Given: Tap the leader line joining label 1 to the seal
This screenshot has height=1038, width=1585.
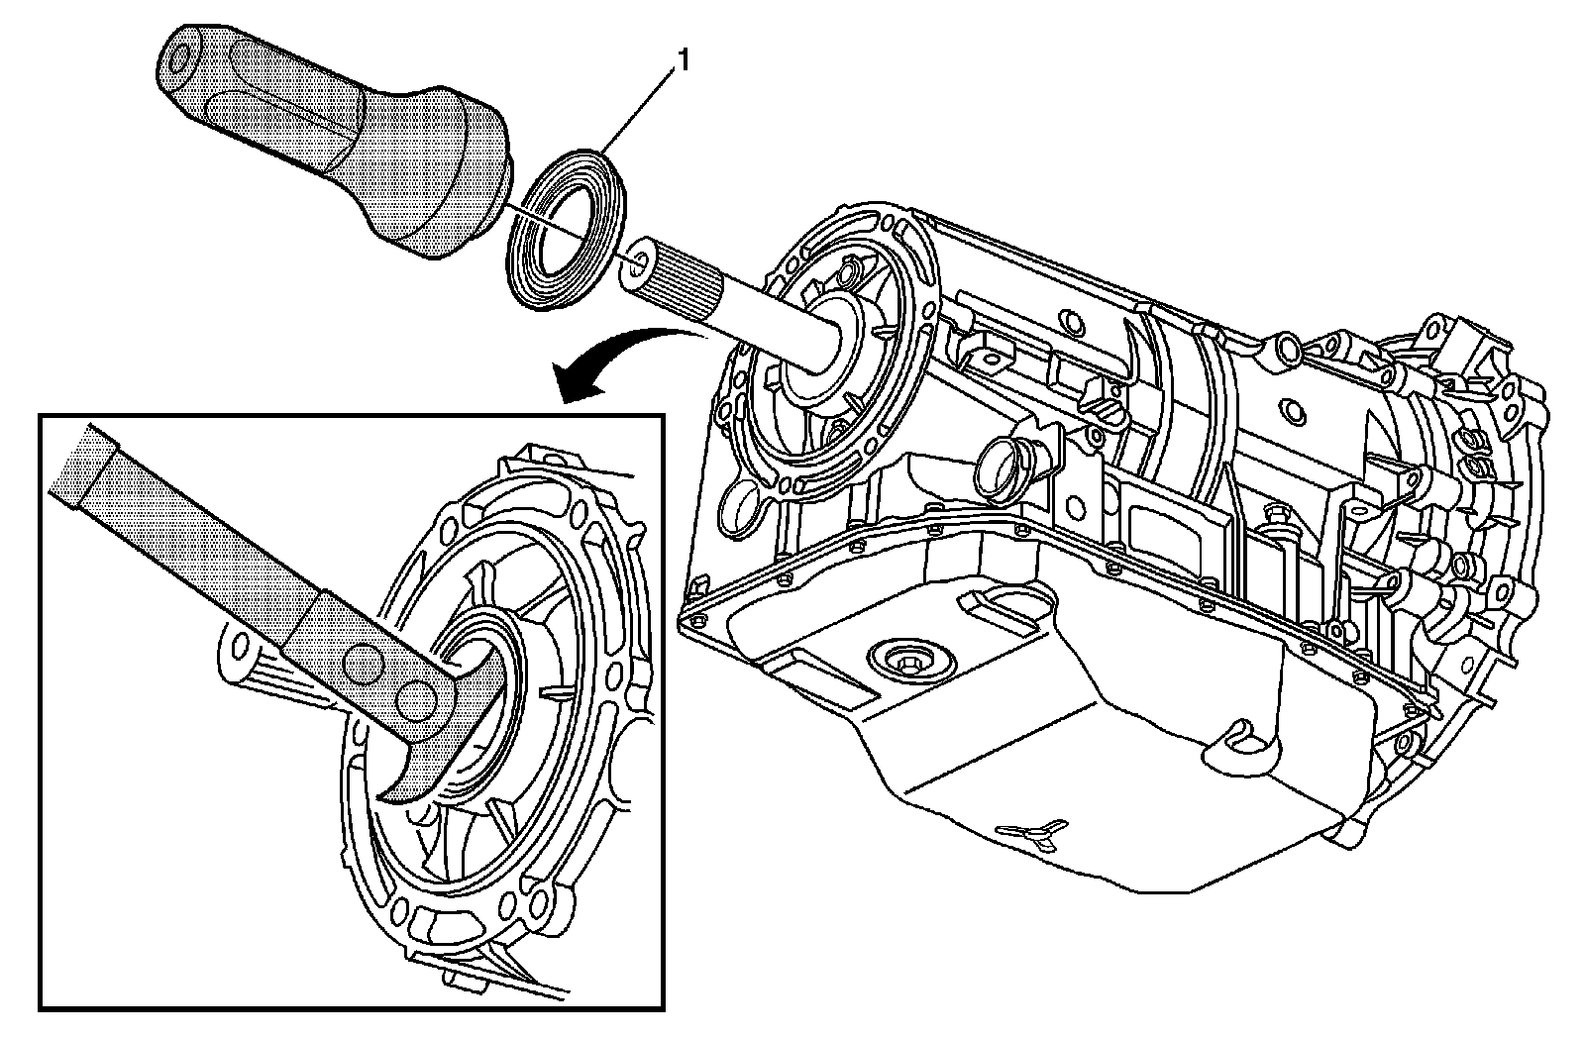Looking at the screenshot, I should [639, 109].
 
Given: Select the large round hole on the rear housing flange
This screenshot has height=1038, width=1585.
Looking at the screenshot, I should [738, 506].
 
